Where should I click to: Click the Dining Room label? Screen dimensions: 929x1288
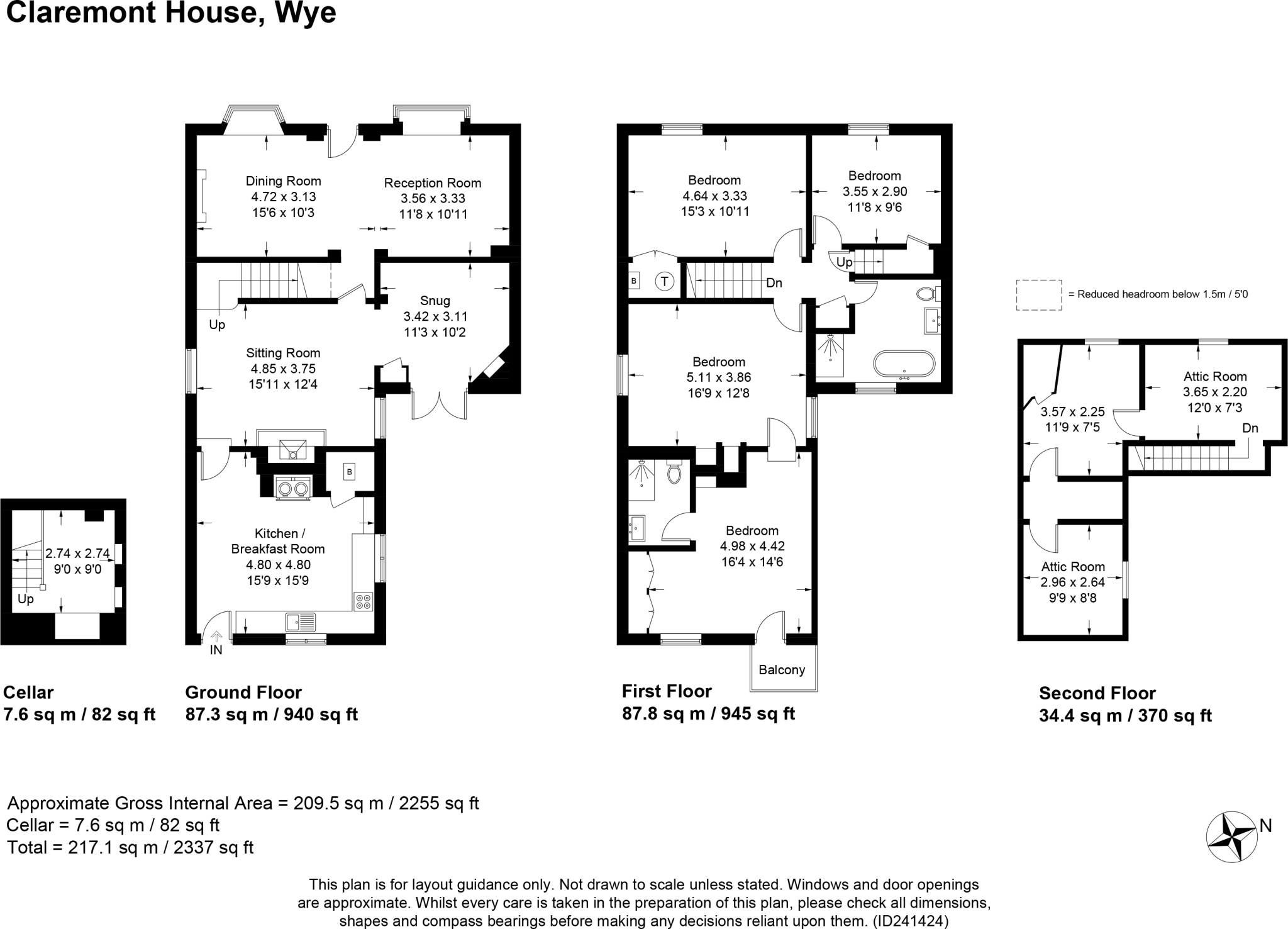tap(283, 181)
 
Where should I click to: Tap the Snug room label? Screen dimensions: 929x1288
tap(435, 301)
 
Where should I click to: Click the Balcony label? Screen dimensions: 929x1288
tap(782, 670)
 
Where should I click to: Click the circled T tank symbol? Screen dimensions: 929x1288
tap(665, 281)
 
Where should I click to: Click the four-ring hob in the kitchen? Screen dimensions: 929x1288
tap(363, 601)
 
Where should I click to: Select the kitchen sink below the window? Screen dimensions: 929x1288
tap(300, 622)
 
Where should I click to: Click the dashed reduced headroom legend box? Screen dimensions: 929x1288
tap(1038, 295)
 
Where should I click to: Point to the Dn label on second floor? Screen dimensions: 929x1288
tap(1250, 428)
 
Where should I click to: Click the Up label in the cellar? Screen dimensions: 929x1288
tap(26, 599)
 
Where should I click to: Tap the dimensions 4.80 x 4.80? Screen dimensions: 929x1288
tap(278, 565)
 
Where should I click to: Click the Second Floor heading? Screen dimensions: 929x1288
tap(1097, 693)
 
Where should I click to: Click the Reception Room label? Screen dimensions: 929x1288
tap(433, 183)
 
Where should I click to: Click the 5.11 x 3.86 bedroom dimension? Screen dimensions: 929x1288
tap(718, 378)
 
